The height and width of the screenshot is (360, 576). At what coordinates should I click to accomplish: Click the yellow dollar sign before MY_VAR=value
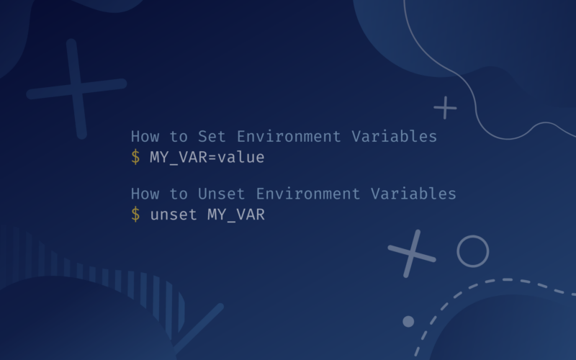pyautogui.click(x=135, y=157)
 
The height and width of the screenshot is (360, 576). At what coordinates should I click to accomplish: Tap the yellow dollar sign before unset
pyautogui.click(x=135, y=214)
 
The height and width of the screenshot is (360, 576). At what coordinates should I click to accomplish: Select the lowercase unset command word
pyautogui.click(x=174, y=214)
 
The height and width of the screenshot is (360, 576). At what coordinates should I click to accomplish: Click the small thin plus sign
pyautogui.click(x=445, y=108)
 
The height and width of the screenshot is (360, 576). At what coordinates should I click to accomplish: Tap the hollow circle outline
pyautogui.click(x=472, y=251)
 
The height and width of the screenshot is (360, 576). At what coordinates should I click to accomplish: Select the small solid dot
pyautogui.click(x=408, y=321)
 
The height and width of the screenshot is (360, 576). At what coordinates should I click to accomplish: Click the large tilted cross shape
pyautogui.click(x=76, y=89)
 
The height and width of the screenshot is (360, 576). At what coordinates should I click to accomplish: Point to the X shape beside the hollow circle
pyautogui.click(x=412, y=253)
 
